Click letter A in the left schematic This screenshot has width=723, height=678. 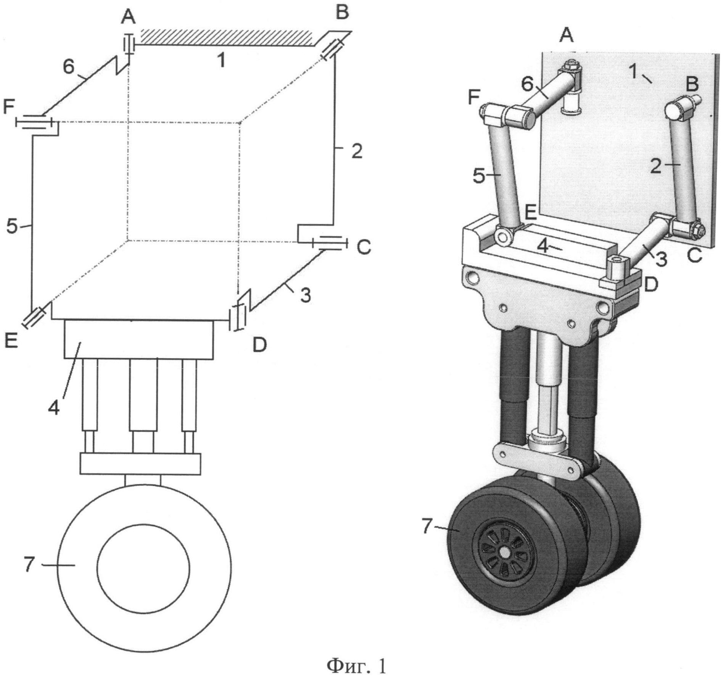pyautogui.click(x=129, y=17)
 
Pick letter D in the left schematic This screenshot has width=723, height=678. pyautogui.click(x=260, y=345)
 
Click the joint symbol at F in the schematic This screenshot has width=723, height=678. pyautogui.click(x=34, y=122)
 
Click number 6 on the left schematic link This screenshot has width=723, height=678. pyautogui.click(x=69, y=67)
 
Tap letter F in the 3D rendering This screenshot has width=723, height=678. pyautogui.click(x=474, y=98)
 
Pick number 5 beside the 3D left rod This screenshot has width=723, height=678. pyautogui.click(x=480, y=176)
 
